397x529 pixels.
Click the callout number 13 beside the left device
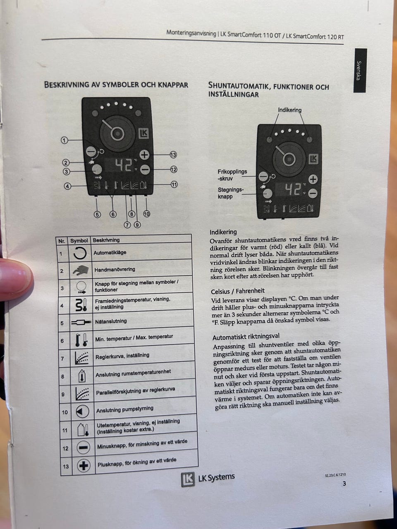pos(173,155)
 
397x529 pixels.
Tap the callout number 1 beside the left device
pos(65,140)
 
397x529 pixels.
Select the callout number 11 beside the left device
pos(175,184)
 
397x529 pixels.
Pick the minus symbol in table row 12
pos(83,448)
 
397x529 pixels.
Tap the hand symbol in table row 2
pos(81,270)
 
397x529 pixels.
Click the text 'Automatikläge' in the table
pos(110,253)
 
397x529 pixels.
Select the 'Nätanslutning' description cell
pos(111,321)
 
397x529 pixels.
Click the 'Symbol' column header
pos(79,241)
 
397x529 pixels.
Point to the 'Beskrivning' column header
pos(106,240)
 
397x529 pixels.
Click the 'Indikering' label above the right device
pos(289,110)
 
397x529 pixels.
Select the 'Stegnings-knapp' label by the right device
pos(231,193)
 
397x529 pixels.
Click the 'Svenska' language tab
pos(359,71)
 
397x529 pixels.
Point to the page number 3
pos(344,484)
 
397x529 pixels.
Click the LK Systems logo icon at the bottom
pos(187,479)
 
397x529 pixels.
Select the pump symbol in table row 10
pos(82,412)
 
